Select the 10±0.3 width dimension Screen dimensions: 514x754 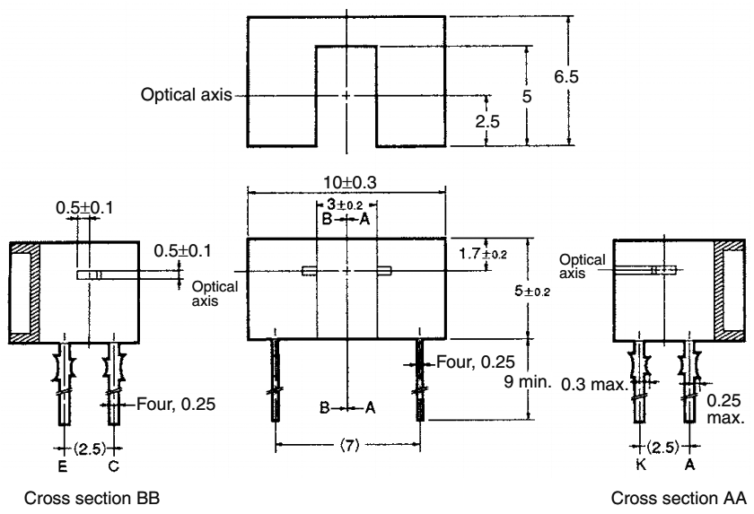346,180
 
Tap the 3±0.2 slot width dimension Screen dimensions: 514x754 346,205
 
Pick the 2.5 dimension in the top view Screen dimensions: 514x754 489,122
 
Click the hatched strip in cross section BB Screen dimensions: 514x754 23,292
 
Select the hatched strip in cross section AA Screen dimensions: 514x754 723,292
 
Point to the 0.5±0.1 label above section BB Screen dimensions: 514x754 75,207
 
